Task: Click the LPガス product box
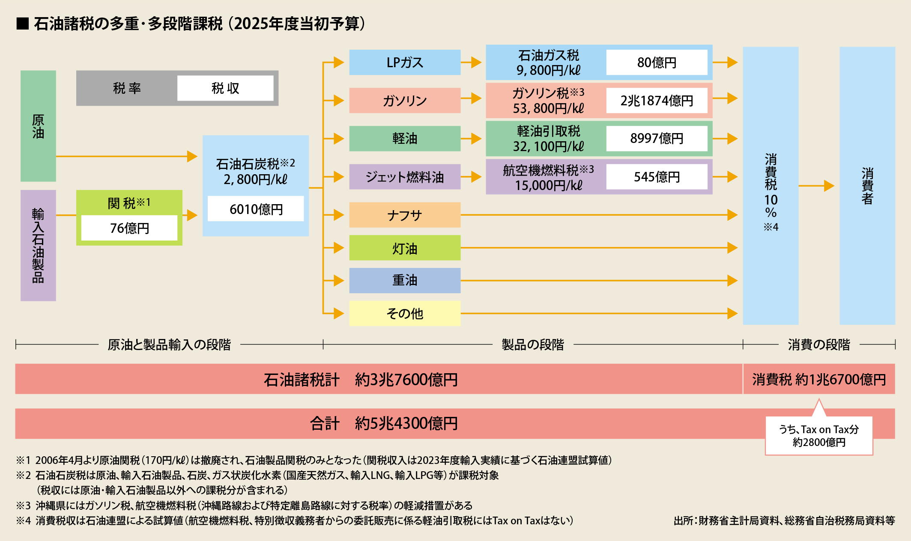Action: point(405,62)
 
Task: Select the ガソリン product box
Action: point(405,101)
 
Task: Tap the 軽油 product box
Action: point(405,138)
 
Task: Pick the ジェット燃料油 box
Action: point(405,177)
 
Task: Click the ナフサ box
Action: point(405,215)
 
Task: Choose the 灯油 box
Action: point(405,248)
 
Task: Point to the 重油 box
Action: point(405,280)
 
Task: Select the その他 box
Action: point(405,313)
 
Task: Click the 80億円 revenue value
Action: point(657,62)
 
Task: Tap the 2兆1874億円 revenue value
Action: point(657,101)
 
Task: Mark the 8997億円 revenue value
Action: point(657,138)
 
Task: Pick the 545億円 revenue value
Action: point(657,177)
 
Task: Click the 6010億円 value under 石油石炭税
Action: point(256,209)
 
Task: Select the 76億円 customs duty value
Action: point(129,228)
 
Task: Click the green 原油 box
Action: point(38,126)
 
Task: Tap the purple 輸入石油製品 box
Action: point(38,245)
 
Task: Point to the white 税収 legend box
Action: point(225,88)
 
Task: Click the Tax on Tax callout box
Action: point(819,436)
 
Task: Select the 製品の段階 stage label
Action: point(533,345)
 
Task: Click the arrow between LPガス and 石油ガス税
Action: point(472,62)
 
